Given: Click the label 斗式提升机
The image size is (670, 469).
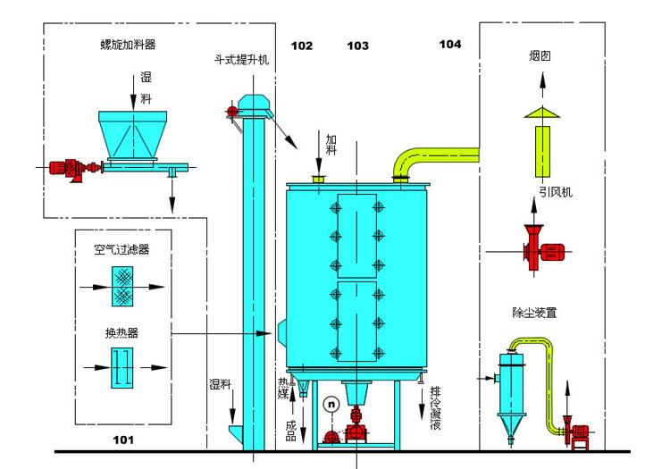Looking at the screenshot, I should point(240,61).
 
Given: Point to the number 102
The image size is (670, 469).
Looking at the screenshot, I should point(302,46).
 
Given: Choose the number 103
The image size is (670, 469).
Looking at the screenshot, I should point(357,46).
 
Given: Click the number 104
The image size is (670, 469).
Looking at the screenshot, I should point(450,44).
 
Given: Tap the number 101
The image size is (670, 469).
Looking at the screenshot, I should point(123,440).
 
